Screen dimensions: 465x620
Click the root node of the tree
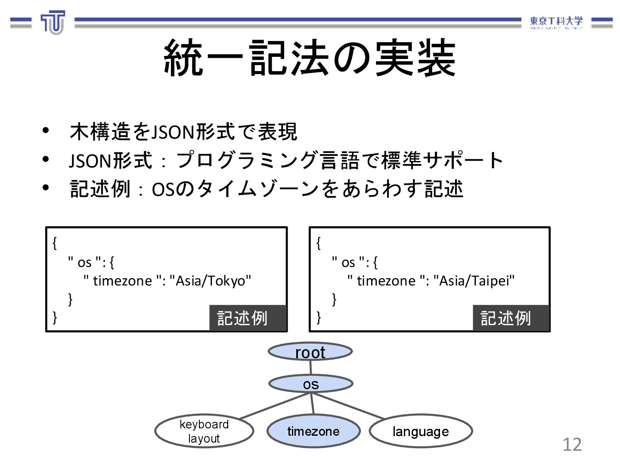tap(310, 352)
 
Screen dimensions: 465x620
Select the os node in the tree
tap(310, 384)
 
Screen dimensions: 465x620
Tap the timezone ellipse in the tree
tap(313, 431)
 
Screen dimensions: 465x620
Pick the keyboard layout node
tap(204, 431)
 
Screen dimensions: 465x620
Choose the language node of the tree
tap(421, 431)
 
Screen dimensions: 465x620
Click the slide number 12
tap(572, 444)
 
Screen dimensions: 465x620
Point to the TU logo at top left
tap(53, 22)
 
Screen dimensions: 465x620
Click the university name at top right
tap(556, 22)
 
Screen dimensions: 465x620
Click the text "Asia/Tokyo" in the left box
tap(211, 281)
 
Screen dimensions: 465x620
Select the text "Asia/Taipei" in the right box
tap(474, 281)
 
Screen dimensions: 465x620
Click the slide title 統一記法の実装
tap(310, 58)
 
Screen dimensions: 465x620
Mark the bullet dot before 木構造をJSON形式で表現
tap(46, 130)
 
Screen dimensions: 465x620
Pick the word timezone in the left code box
tap(122, 281)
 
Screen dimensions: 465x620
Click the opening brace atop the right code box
tap(319, 243)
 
